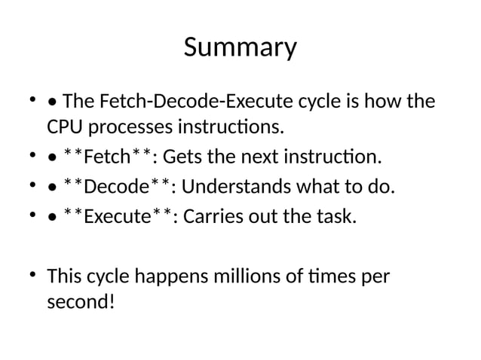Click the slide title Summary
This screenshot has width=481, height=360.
tap(240, 48)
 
